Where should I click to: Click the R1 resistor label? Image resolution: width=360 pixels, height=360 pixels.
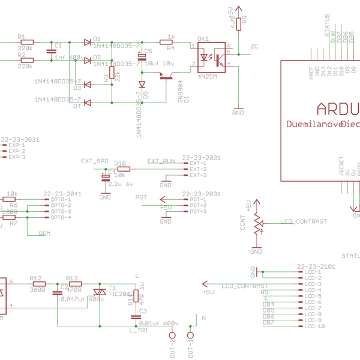22,36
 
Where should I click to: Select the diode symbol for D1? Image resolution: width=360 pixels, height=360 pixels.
87,42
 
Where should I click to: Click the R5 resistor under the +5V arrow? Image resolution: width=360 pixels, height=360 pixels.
238,23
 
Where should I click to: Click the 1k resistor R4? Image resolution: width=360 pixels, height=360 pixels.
171,42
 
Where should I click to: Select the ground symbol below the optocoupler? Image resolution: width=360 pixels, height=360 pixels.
238,110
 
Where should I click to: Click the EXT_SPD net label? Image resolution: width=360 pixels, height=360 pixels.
95,161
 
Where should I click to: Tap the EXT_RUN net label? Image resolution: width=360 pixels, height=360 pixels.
161,161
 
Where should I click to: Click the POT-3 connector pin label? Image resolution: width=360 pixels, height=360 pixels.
198,211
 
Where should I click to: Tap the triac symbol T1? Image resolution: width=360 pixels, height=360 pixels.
95,291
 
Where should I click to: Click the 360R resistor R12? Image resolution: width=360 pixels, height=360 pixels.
37,284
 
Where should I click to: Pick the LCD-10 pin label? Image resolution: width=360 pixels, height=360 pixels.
314,326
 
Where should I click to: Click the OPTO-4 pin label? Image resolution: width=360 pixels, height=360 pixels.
61,217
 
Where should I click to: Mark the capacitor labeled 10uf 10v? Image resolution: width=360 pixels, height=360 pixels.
142,57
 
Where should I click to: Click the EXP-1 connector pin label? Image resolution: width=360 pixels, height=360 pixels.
16,145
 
